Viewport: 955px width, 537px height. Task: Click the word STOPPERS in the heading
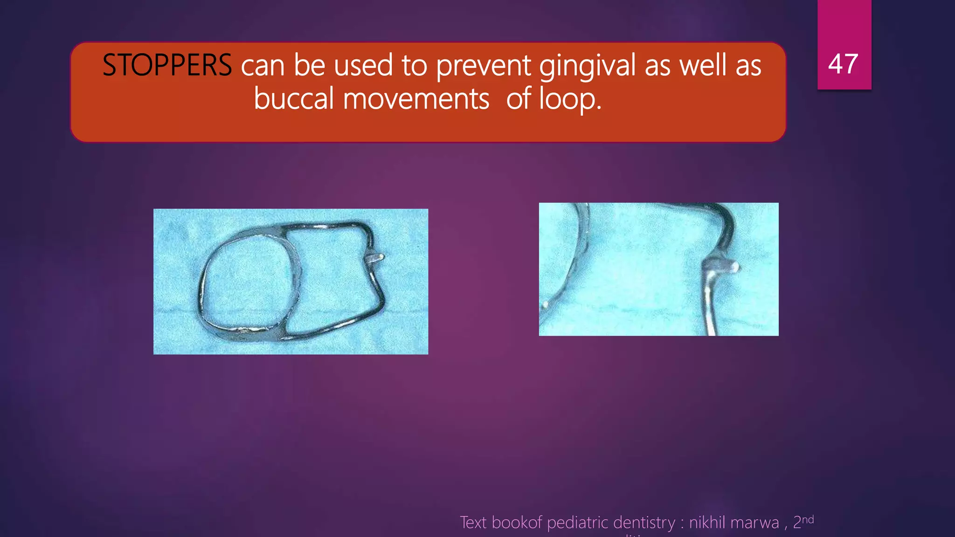point(166,65)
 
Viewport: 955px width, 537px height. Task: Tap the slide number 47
point(843,64)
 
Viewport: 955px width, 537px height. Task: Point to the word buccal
point(294,99)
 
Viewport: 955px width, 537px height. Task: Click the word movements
point(416,99)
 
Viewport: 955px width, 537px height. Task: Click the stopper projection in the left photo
point(375,258)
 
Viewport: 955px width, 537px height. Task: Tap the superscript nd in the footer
point(808,519)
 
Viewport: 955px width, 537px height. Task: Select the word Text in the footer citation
point(473,523)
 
